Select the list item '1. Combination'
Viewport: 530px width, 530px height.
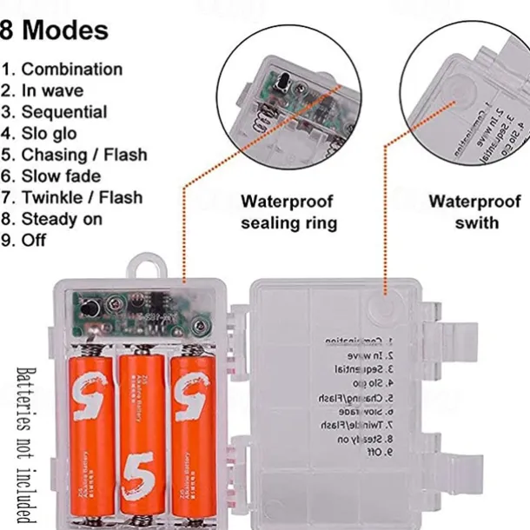[62, 70]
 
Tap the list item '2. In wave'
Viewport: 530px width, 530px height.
[43, 90]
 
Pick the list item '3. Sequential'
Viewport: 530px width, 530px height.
[54, 112]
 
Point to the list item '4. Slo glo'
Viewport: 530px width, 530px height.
[39, 134]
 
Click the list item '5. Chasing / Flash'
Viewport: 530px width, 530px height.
[74, 155]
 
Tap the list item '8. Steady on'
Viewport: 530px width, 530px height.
[51, 219]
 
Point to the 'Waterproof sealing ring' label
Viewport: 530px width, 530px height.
[288, 212]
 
